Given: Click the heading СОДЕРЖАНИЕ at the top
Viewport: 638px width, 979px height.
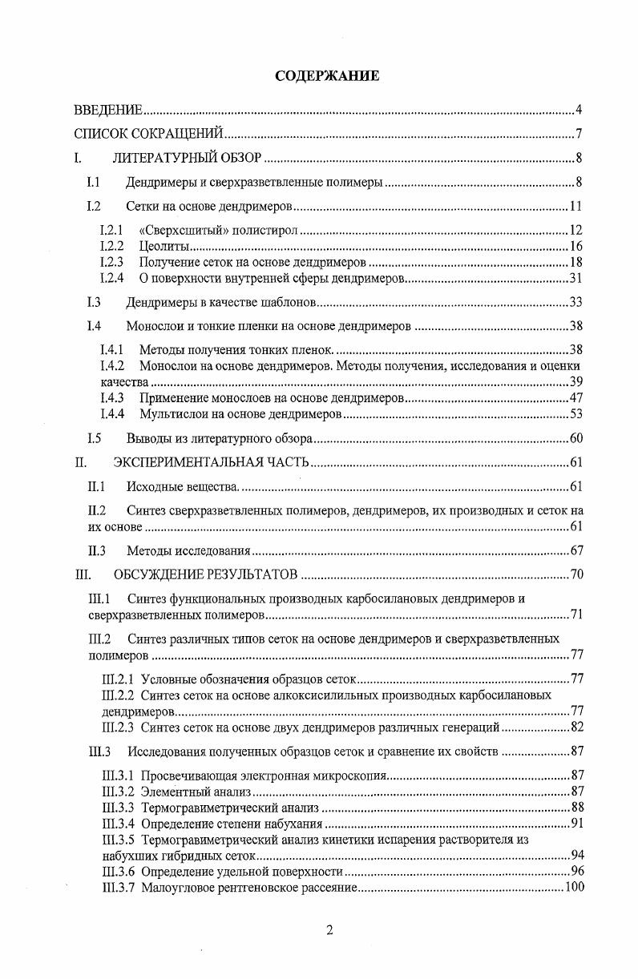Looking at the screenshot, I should (x=327, y=76).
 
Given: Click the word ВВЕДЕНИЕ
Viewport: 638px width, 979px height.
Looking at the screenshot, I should (x=108, y=110).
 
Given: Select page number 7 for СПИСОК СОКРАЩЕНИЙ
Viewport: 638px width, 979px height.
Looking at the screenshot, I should (x=579, y=134).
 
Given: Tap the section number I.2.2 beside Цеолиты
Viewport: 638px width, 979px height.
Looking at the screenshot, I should (x=111, y=247).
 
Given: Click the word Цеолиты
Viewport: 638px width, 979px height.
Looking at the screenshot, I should (x=164, y=247).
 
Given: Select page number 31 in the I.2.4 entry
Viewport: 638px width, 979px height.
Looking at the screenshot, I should (x=575, y=279).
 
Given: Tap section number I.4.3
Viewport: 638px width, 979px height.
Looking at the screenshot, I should (x=111, y=398).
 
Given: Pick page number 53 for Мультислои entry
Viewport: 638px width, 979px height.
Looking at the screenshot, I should (x=575, y=414).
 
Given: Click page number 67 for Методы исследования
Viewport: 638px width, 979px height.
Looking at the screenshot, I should (x=575, y=550).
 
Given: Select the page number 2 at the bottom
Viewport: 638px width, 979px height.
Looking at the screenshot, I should (x=329, y=930).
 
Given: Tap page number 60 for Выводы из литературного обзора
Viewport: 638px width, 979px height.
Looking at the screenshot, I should (x=575, y=438).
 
